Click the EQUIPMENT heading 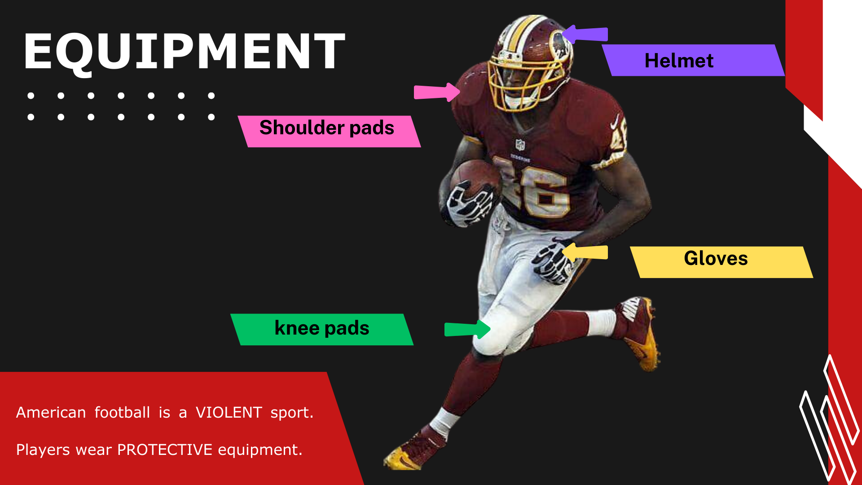[184, 52]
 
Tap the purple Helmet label [693, 60]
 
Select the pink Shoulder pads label [329, 132]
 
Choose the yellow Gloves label [721, 262]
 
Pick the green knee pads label [322, 330]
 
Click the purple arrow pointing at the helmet [585, 34]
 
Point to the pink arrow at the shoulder [437, 92]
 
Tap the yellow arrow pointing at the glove [585, 252]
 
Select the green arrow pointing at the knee [467, 329]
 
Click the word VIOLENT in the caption [229, 412]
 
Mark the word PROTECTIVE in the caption [165, 450]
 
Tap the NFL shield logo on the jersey [520, 145]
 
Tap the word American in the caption [51, 412]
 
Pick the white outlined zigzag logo [830, 420]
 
